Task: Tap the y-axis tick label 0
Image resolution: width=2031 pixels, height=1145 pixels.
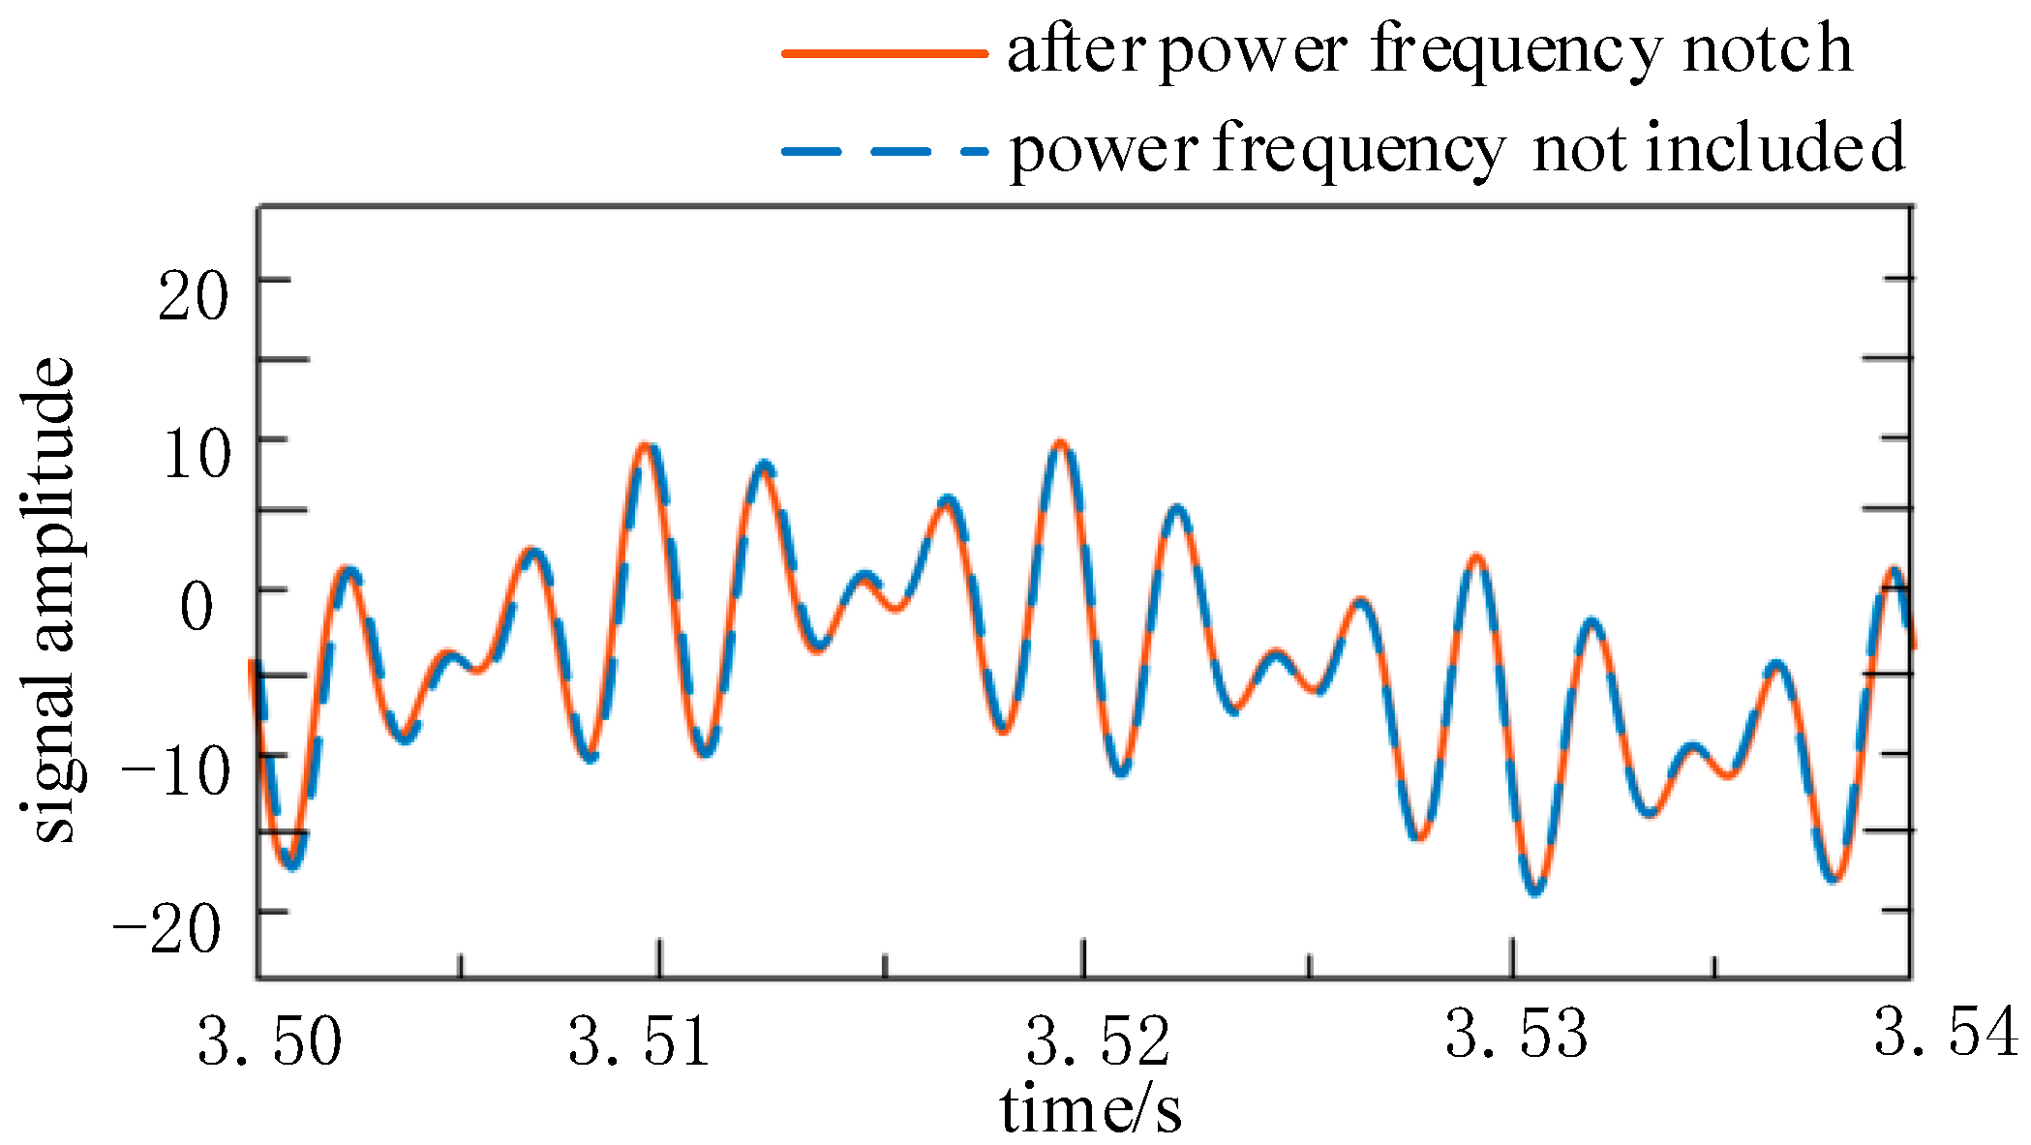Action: tap(197, 607)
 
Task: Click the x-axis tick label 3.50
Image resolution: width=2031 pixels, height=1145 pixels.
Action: tap(270, 1041)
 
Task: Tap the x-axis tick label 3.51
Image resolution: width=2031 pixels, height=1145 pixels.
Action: tap(640, 1041)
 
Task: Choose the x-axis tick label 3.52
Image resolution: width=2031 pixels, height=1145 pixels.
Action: tap(1098, 1041)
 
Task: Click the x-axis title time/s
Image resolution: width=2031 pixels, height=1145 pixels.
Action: tap(1091, 1109)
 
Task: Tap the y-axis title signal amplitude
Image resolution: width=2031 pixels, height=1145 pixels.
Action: tap(49, 600)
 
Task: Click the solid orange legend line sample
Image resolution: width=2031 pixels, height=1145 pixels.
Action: tap(884, 53)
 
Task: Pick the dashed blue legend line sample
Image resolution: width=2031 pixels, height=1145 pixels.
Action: tap(884, 151)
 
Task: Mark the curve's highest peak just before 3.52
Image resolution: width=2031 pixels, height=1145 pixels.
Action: tap(1061, 444)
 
